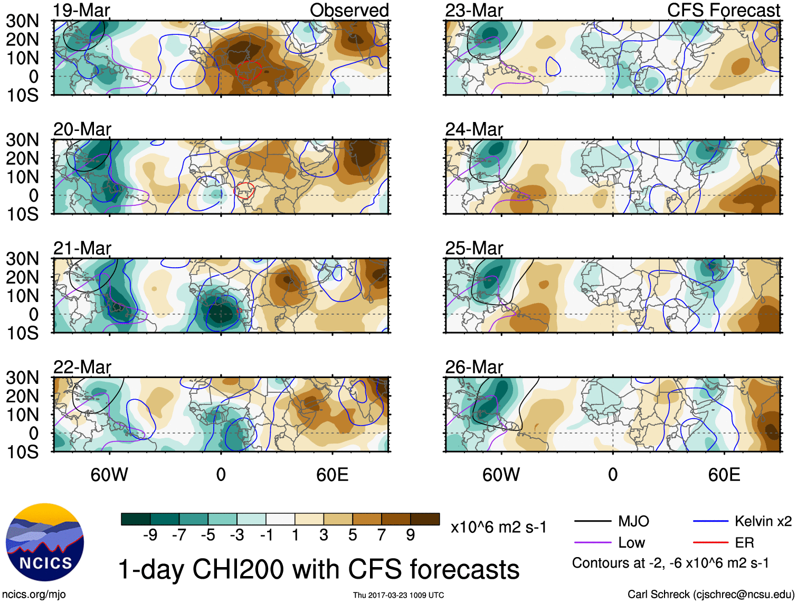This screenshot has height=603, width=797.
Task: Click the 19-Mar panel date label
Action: (x=82, y=11)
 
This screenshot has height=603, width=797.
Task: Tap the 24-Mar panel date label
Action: (x=474, y=129)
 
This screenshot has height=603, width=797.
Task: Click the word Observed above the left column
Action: (x=349, y=11)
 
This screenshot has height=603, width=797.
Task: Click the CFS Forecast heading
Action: (x=723, y=11)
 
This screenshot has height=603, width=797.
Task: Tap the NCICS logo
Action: (x=45, y=542)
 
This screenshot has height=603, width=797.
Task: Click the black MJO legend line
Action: (x=592, y=522)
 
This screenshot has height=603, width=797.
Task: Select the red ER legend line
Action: (x=710, y=542)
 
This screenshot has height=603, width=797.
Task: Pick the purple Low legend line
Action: (x=592, y=542)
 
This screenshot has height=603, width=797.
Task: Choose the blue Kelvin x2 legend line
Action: (x=710, y=522)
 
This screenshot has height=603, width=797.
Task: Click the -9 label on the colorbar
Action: (x=150, y=535)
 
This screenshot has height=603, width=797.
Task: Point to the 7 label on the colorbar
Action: (x=382, y=535)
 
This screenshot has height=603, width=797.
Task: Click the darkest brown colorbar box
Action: (x=425, y=519)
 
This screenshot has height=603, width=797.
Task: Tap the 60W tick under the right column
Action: (x=501, y=475)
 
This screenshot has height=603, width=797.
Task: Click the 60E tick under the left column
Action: (x=332, y=475)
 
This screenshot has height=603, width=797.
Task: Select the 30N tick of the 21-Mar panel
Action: (x=22, y=259)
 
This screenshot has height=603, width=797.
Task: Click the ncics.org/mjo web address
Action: (x=34, y=595)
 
